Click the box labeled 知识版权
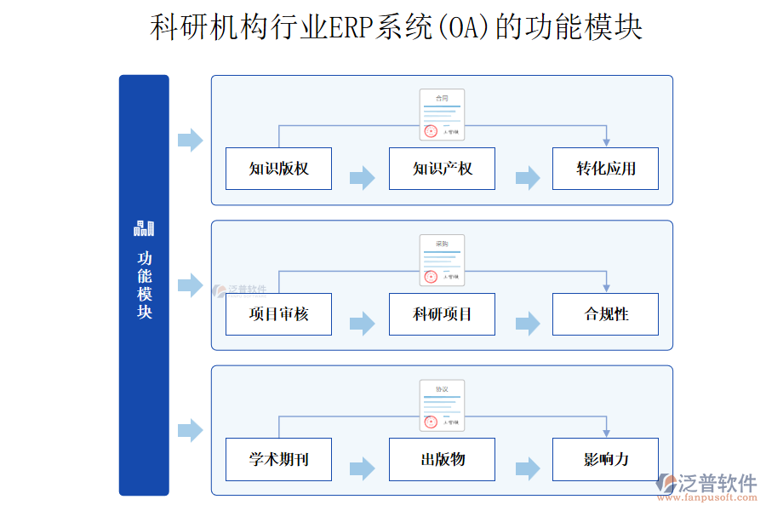click(x=278, y=169)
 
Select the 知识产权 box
click(x=442, y=169)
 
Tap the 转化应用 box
click(x=605, y=169)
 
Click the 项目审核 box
click(x=278, y=314)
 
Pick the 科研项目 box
click(x=442, y=314)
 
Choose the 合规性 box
click(x=605, y=314)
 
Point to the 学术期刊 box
click(x=278, y=460)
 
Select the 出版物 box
click(x=442, y=460)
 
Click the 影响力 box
click(x=605, y=460)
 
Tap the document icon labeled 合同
click(x=442, y=115)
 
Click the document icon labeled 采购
click(x=442, y=260)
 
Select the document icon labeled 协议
click(x=442, y=405)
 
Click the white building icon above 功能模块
click(x=144, y=228)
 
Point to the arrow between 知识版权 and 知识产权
click(x=362, y=178)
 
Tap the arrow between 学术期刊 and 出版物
click(x=362, y=468)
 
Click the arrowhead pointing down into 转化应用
click(x=606, y=141)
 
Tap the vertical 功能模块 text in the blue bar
click(x=145, y=284)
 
